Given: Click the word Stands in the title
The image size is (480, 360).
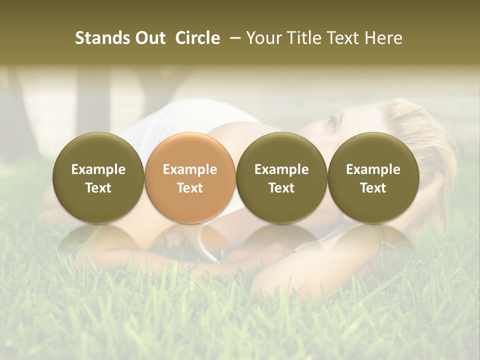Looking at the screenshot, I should [x=95, y=38].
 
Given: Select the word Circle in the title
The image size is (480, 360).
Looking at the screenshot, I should [x=197, y=38].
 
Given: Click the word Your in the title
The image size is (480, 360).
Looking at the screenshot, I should [x=263, y=38].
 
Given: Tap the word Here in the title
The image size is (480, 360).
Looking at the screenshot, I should [x=383, y=38].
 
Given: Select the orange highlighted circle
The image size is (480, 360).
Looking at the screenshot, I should [x=190, y=177].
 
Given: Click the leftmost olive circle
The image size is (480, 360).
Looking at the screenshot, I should [x=98, y=177].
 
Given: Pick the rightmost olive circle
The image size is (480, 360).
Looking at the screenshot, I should [x=373, y=177].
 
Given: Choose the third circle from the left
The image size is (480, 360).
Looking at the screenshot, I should [x=281, y=177].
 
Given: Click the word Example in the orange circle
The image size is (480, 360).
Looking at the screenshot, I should [x=190, y=169].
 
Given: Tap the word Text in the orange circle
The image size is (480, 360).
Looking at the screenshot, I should [x=190, y=188].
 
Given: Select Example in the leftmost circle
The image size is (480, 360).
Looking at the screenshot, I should [x=98, y=169].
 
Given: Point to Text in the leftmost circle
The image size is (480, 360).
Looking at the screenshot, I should [x=98, y=188].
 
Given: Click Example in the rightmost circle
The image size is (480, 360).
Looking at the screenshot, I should [x=373, y=169].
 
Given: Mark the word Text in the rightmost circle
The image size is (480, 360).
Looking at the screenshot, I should [x=373, y=188].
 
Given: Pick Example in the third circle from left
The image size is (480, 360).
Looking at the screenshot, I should [x=281, y=169].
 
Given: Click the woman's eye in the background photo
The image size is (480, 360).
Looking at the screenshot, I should [x=331, y=122].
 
